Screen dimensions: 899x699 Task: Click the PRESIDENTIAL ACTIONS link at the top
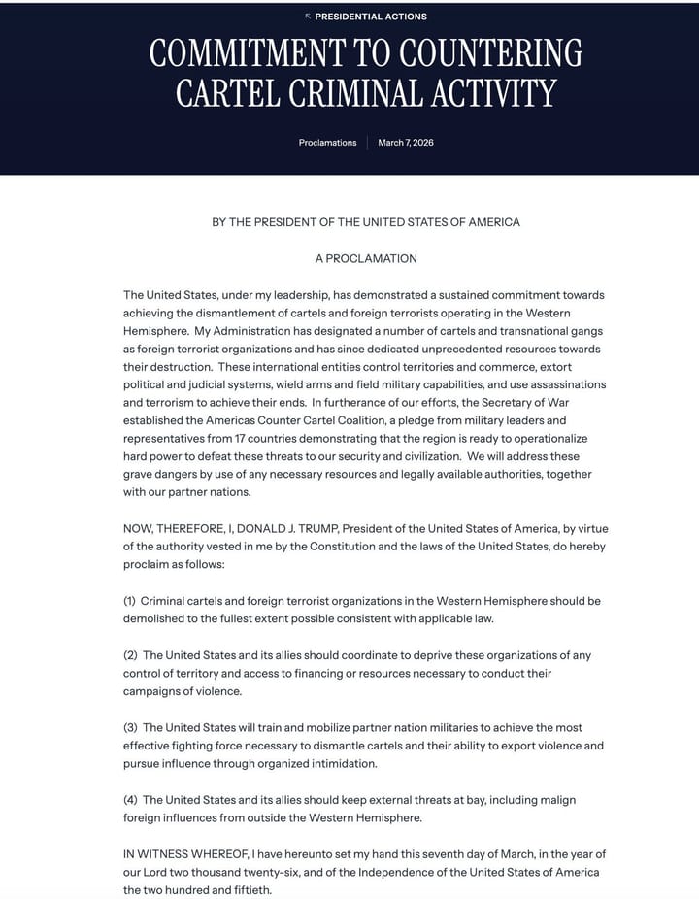(x=371, y=17)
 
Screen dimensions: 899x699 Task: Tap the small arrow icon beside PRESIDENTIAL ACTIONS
(x=308, y=17)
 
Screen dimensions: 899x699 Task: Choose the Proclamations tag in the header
(x=327, y=143)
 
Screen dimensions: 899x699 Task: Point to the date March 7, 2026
(x=406, y=143)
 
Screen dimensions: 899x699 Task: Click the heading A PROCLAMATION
(x=366, y=259)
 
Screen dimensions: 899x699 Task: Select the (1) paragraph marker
(x=130, y=601)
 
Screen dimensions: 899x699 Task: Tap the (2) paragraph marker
(x=130, y=655)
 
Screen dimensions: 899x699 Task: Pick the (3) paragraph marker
(x=130, y=727)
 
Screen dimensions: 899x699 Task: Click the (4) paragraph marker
(x=130, y=799)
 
